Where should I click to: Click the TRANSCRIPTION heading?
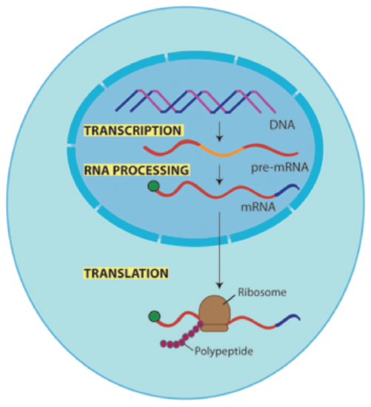click(x=133, y=130)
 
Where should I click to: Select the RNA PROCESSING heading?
click(x=137, y=170)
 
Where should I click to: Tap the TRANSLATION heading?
click(x=127, y=273)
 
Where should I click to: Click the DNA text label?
click(x=282, y=125)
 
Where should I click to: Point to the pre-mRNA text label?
click(x=280, y=167)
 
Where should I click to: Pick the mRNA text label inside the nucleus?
click(x=258, y=207)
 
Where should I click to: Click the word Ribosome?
click(x=262, y=292)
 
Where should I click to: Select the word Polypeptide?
click(x=224, y=351)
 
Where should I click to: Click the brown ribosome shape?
click(x=215, y=313)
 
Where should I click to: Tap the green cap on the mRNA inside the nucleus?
click(x=153, y=186)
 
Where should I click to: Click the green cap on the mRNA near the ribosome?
click(x=154, y=317)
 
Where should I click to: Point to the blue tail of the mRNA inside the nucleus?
click(x=287, y=189)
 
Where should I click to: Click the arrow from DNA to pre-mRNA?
click(x=220, y=131)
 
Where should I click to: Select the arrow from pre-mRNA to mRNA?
click(x=220, y=175)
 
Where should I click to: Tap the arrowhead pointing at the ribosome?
click(x=220, y=285)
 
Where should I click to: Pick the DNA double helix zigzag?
click(x=195, y=101)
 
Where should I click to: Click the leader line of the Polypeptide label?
click(x=189, y=347)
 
